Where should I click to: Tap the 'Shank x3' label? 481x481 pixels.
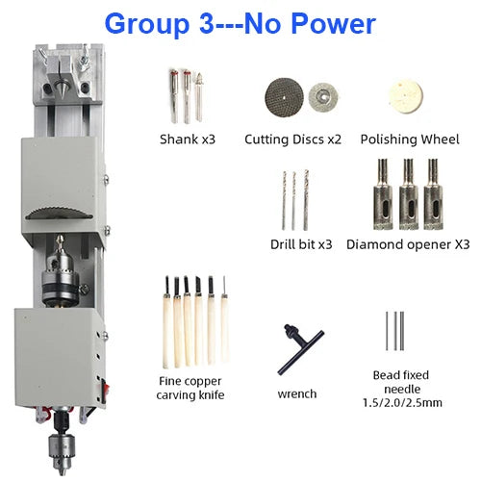(188, 139)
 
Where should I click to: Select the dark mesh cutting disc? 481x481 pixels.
(285, 96)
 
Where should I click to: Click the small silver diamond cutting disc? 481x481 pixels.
(323, 96)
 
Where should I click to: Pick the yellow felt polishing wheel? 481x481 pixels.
(406, 96)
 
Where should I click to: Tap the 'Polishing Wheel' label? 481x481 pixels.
(410, 139)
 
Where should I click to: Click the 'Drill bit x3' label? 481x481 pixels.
(301, 244)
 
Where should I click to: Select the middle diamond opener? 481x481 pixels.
(409, 194)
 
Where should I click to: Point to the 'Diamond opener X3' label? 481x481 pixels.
(408, 244)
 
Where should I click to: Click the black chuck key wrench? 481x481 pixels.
(300, 349)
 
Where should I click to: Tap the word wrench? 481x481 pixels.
(297, 393)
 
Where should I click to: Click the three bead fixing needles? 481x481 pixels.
(395, 331)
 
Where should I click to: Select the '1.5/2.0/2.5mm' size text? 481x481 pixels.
(402, 403)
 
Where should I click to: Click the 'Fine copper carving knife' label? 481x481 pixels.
(190, 388)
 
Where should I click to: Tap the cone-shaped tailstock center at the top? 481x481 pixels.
(59, 86)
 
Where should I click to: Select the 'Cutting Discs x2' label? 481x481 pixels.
(292, 139)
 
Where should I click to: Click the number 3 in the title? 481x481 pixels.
(206, 24)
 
